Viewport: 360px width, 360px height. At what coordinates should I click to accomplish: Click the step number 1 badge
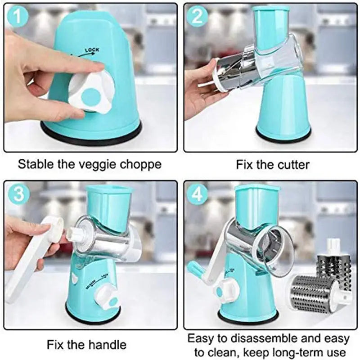tap(18, 17)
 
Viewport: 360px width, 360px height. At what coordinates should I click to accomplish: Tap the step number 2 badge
tap(197, 17)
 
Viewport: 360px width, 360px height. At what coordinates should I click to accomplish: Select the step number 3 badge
tap(18, 193)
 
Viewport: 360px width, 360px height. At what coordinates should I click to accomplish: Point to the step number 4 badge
tap(197, 193)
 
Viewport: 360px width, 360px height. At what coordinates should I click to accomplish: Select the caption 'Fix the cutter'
tap(273, 165)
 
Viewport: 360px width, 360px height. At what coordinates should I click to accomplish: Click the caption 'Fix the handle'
tap(87, 345)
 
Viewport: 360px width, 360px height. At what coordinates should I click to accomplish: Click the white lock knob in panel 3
tap(107, 296)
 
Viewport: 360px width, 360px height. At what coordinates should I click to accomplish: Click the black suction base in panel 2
tap(283, 134)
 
